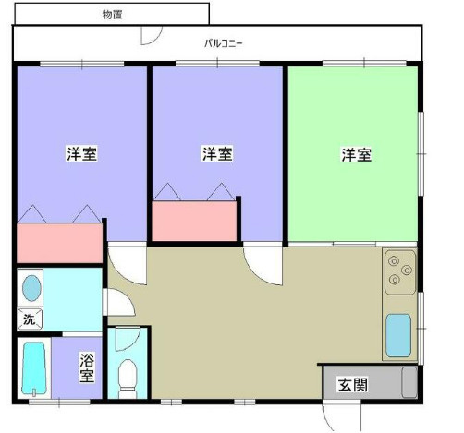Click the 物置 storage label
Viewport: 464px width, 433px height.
point(112,15)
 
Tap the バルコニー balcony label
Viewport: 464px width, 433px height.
point(224,43)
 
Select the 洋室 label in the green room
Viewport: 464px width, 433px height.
point(357,154)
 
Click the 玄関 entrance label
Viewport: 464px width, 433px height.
point(353,384)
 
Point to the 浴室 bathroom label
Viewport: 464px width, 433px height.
point(87,367)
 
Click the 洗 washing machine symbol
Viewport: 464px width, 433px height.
point(30,319)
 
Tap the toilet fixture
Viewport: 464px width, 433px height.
point(128,379)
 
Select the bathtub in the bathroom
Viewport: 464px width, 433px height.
point(34,368)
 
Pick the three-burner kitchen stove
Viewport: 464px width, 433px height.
point(400,272)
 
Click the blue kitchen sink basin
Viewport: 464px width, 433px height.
point(398,335)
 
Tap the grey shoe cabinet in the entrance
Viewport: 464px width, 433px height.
point(409,382)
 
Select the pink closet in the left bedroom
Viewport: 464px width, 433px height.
point(59,243)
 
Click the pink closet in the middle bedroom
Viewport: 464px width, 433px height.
point(194,221)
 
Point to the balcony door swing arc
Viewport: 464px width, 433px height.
point(154,39)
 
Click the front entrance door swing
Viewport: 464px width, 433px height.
point(327,420)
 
